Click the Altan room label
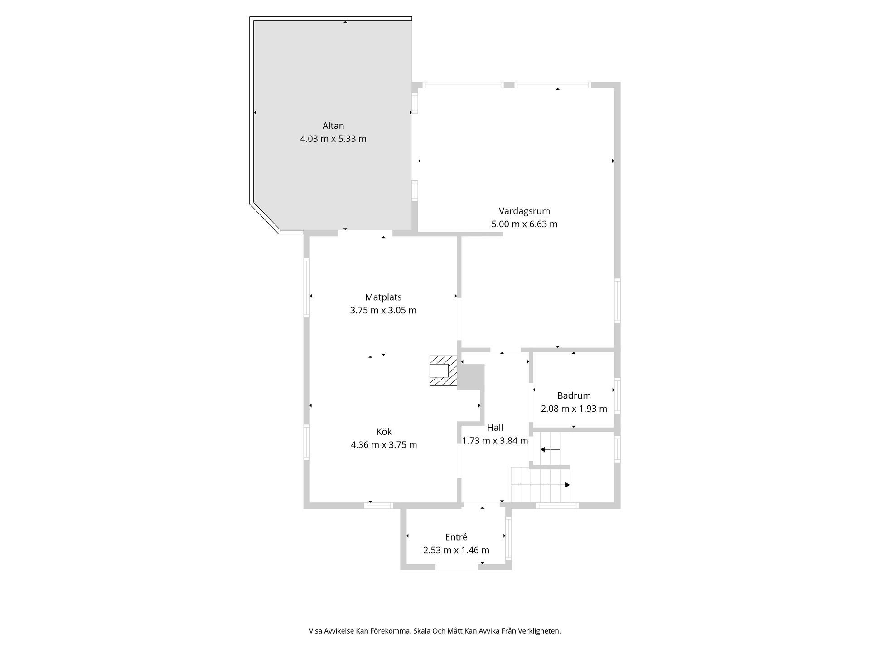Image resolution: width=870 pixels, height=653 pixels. pos(333,126)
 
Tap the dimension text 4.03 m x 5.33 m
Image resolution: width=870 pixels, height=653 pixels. pos(333,139)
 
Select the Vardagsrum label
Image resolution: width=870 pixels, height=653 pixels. pos(524,211)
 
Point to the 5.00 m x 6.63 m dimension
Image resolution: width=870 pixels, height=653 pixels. pos(524,224)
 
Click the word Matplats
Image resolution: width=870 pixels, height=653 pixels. pos(383,297)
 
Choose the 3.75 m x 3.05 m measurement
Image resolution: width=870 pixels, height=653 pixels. pos(383,311)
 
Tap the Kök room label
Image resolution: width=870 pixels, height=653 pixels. pos(384,432)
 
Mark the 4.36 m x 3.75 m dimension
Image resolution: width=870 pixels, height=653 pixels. pos(384,445)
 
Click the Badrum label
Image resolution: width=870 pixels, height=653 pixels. pos(574,395)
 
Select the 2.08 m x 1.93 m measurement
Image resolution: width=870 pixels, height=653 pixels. pos(574,409)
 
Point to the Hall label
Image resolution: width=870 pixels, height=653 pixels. pos(495,427)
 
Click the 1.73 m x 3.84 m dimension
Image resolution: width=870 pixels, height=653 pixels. pos(495,440)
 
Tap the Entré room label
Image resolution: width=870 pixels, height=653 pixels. pos(456,537)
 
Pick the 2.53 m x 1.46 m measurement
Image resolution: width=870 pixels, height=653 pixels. pos(456,550)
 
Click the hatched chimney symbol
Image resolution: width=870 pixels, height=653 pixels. pos(443,370)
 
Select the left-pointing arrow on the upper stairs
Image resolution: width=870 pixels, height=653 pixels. pos(550,449)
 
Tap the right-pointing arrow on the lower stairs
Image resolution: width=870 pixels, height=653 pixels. pos(541,485)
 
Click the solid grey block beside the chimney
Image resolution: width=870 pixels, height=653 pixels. pos(471,377)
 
